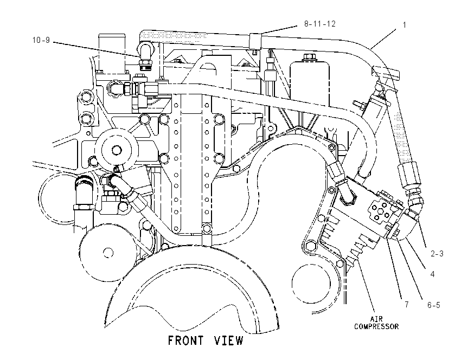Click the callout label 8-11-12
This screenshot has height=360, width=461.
pos(319,23)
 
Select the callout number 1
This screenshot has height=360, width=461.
pos(404,25)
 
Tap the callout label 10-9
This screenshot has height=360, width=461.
pos(41,40)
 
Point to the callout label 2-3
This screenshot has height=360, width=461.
pos(437,253)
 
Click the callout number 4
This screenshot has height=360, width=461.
pos(432,274)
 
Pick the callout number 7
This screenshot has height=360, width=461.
pos(407,304)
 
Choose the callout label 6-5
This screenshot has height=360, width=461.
pos(434,305)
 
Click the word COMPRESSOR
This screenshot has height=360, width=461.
pos(376,326)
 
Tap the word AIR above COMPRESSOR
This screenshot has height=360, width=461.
pos(376,319)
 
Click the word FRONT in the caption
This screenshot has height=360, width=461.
pos(185,340)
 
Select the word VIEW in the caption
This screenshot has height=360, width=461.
pos(229,340)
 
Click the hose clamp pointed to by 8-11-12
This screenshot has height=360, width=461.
pos(255,41)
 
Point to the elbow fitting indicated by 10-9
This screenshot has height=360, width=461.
pos(145,56)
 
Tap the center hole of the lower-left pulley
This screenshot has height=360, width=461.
pos(108,253)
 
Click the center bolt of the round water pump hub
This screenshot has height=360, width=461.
pos(117,150)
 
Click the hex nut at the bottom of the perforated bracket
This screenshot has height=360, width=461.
pos(207,228)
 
